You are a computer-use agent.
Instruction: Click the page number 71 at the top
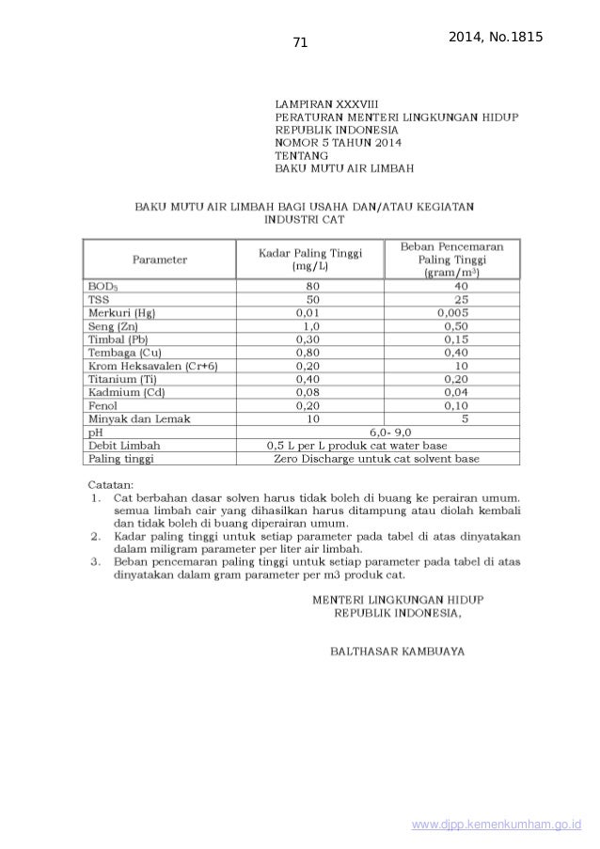click(301, 41)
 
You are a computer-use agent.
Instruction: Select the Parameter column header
click(159, 259)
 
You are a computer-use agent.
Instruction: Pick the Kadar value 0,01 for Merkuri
click(308, 311)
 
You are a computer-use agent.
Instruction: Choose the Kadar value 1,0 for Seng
click(309, 324)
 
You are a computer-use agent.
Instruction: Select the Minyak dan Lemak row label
click(138, 418)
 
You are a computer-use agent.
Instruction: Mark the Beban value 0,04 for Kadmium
click(456, 392)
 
